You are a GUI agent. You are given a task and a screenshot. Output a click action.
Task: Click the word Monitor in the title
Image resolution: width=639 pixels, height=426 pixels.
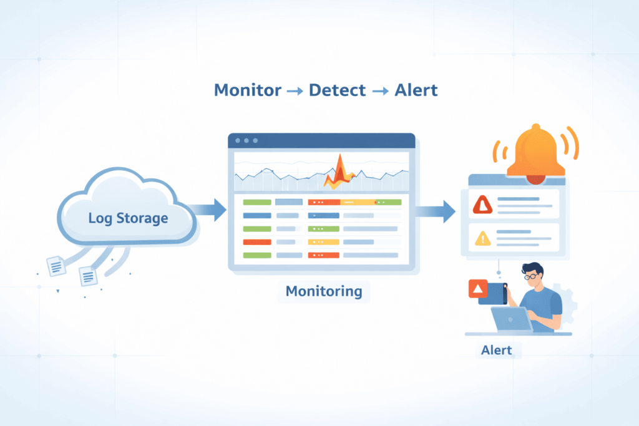(247, 90)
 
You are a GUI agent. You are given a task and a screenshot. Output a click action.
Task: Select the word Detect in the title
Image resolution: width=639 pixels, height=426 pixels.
(337, 90)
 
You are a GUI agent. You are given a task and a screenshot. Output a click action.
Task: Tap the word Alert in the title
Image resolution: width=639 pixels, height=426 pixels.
(416, 90)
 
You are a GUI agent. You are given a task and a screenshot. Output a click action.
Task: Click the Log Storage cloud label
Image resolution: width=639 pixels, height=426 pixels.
(128, 218)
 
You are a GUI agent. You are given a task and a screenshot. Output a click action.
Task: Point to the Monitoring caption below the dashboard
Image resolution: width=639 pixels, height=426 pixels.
(323, 291)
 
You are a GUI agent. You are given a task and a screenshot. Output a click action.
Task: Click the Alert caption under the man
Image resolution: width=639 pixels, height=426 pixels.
(496, 350)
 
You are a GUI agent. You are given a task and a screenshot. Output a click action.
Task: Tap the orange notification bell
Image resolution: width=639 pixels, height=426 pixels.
(535, 153)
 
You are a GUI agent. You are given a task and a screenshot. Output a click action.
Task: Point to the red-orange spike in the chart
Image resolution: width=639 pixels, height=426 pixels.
(339, 172)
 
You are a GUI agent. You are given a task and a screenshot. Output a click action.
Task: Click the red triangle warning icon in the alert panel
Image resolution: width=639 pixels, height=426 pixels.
(482, 204)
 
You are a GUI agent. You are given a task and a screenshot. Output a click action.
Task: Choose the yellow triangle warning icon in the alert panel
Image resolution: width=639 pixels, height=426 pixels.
(482, 238)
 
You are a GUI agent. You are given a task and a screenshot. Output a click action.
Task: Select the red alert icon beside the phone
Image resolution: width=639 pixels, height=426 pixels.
(477, 288)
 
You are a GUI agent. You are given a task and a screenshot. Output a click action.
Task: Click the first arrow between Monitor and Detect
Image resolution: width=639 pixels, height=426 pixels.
(295, 90)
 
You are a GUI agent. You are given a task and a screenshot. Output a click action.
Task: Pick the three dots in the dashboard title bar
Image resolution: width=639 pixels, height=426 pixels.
(246, 140)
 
